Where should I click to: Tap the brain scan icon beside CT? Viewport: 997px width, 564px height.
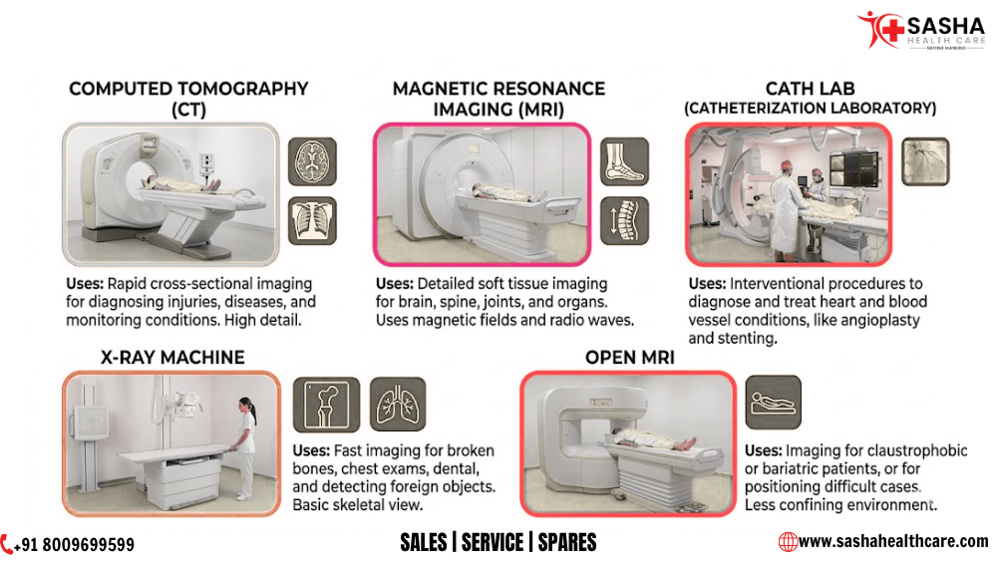click(312, 160)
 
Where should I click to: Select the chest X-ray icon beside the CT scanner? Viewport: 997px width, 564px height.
click(312, 221)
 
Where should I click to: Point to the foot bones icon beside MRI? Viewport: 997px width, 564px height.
click(624, 161)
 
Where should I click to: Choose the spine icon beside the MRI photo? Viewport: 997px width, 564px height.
click(624, 221)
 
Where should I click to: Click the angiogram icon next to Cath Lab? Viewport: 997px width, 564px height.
click(924, 161)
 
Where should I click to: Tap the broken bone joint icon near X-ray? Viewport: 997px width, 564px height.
click(326, 404)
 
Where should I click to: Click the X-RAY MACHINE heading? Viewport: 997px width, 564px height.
click(172, 357)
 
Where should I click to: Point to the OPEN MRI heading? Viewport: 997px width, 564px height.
click(630, 357)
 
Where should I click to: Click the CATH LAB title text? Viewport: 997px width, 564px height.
click(810, 88)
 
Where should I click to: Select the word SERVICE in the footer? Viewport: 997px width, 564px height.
click(494, 542)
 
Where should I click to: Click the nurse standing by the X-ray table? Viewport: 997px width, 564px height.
click(245, 445)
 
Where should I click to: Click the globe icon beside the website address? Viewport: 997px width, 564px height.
click(788, 541)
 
